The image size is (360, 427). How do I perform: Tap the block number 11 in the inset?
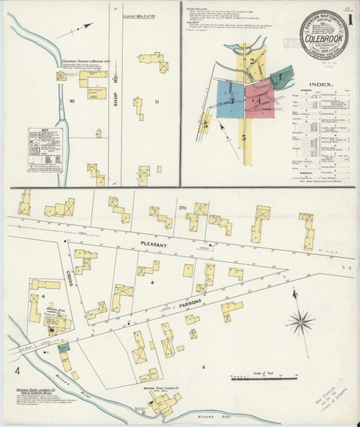tap(156, 102)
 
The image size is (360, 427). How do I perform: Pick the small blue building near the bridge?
tap(66, 348)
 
